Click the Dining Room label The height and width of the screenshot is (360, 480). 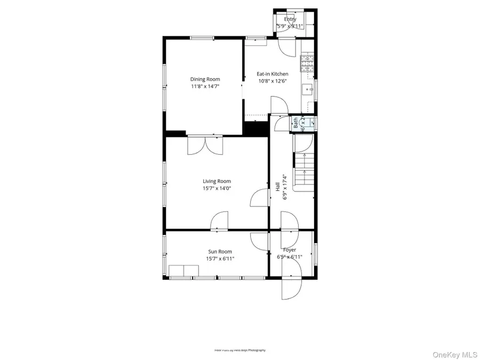click(205, 79)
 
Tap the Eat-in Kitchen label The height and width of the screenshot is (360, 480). click(273, 74)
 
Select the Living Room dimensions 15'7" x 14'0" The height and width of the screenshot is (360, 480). click(217, 188)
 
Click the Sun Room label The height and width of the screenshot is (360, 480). click(220, 251)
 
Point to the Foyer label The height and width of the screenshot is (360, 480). click(290, 250)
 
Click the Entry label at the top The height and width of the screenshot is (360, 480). click(290, 19)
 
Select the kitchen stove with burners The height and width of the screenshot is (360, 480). click(308, 63)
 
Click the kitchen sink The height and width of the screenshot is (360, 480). click(308, 89)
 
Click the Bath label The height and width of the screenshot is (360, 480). click(295, 124)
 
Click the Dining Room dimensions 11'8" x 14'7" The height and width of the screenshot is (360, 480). click(205, 86)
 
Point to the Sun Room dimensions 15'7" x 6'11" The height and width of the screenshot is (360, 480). click(220, 259)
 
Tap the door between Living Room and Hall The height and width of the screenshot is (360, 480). click(259, 198)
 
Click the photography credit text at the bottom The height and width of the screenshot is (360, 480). click(239, 350)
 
